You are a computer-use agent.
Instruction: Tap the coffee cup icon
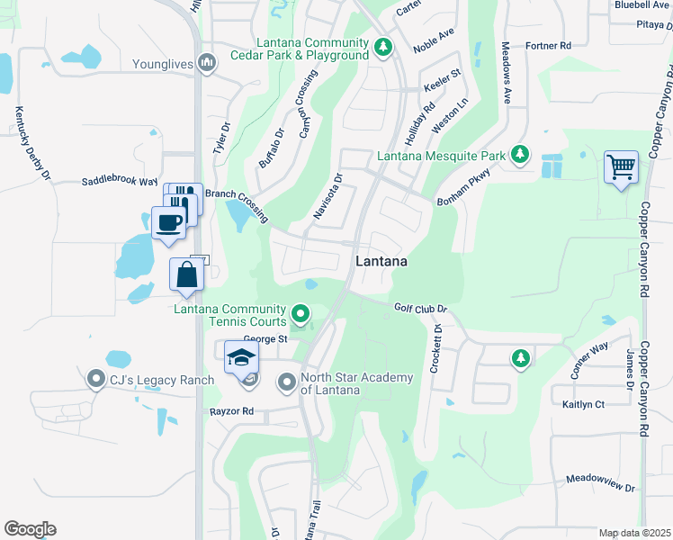pos(168,221)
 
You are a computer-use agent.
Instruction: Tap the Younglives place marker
pos(208,63)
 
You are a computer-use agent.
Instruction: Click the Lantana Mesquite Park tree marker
pos(519,156)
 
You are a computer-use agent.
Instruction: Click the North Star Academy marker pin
pos(287,382)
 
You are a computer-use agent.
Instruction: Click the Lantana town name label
pos(381,262)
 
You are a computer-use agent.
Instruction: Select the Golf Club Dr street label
pos(420,309)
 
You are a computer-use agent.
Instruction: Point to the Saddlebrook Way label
pos(120,181)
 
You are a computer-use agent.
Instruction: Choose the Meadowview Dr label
pos(600,483)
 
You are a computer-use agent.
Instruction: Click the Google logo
pos(30,529)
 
